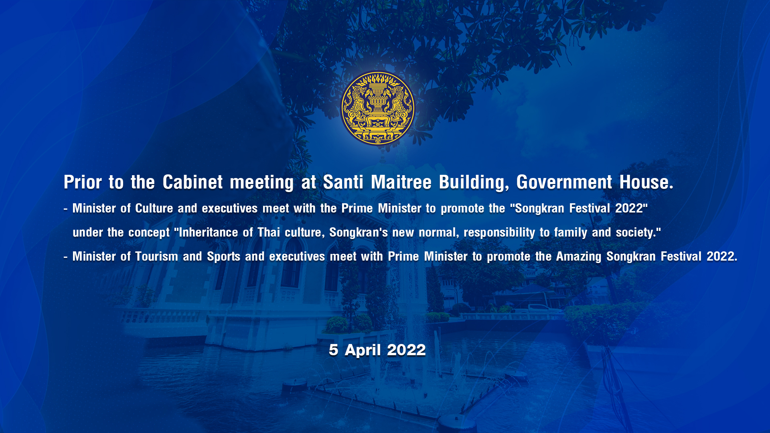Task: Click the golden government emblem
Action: click(377, 108)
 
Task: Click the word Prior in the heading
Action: click(83, 182)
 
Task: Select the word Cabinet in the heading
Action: click(192, 182)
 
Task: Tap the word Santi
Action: click(343, 182)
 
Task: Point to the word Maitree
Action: click(401, 182)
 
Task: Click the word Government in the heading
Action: click(564, 182)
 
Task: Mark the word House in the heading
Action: click(646, 182)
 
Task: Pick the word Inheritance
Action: click(209, 233)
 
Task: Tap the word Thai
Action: click(269, 233)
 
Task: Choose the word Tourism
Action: click(156, 257)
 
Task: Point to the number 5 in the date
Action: click(333, 350)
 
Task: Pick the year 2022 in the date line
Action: click(406, 350)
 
